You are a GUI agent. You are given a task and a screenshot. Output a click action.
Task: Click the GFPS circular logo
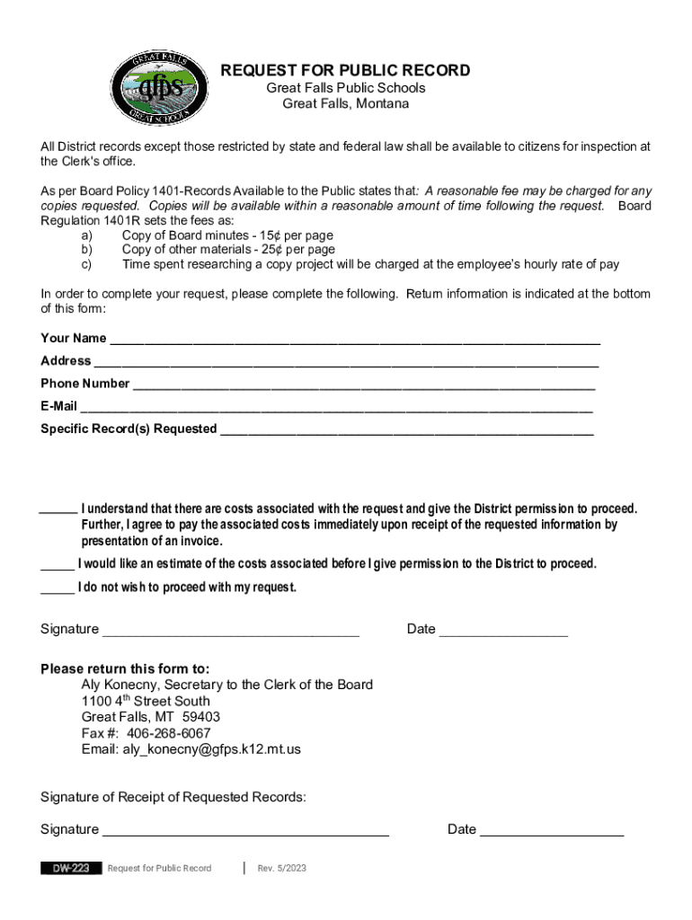click(158, 87)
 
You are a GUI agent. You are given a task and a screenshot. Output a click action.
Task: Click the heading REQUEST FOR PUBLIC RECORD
click(346, 71)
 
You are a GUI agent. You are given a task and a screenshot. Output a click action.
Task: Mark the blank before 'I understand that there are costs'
click(58, 510)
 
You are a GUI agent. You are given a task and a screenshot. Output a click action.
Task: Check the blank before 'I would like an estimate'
click(58, 566)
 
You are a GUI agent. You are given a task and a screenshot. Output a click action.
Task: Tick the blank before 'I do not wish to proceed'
click(58, 589)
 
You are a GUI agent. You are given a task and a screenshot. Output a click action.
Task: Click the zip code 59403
click(201, 717)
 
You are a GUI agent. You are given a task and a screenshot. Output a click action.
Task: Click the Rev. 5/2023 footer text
click(282, 868)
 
